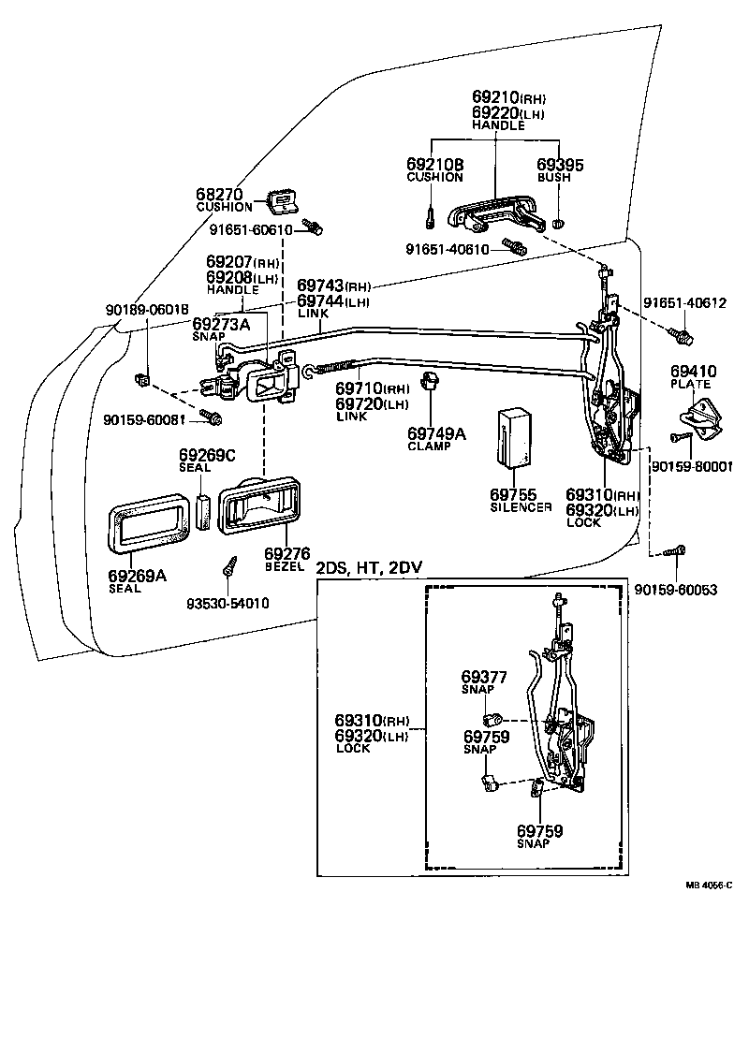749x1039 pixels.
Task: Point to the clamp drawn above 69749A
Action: click(x=432, y=381)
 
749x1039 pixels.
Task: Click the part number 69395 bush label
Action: click(x=560, y=165)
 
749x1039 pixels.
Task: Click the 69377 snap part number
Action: click(x=483, y=676)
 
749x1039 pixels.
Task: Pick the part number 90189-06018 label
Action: click(x=147, y=311)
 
